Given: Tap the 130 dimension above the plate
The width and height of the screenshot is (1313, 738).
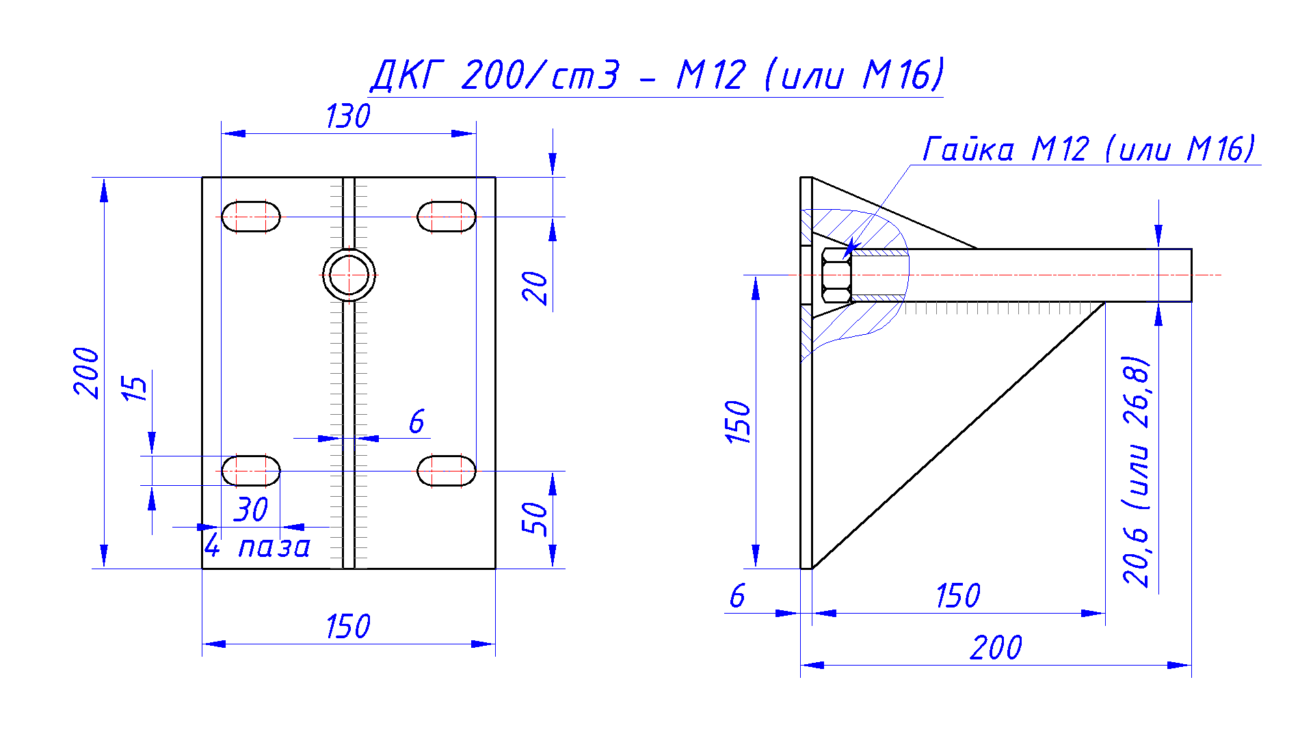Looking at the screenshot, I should (x=347, y=116).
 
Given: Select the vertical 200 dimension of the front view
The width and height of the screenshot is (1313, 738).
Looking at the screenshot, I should (x=87, y=372).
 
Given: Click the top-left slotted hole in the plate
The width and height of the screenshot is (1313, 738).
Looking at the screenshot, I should (x=251, y=217).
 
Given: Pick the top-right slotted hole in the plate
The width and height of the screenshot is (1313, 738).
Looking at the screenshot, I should (x=447, y=217).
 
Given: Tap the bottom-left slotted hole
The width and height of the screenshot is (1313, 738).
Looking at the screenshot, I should (x=251, y=471).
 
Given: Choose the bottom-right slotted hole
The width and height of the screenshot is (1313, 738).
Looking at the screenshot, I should (x=447, y=471).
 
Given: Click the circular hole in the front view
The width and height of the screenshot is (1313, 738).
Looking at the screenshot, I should (x=349, y=275).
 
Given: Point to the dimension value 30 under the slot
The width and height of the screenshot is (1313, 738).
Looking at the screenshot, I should (x=251, y=510).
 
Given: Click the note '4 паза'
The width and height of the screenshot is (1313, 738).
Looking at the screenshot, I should (x=258, y=547).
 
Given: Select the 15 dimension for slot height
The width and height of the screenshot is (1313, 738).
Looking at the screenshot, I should (x=135, y=388).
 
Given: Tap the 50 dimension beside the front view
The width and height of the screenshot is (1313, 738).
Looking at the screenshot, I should (x=535, y=519).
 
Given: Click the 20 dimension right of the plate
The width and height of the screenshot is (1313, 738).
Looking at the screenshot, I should (x=535, y=288).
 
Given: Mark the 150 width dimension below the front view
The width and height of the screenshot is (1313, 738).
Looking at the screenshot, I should (x=347, y=627).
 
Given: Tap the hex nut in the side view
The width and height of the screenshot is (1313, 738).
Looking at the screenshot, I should (x=836, y=275).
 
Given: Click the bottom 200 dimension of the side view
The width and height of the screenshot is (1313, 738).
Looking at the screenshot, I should (x=996, y=648).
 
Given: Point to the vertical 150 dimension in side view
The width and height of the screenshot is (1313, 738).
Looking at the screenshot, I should (x=739, y=422).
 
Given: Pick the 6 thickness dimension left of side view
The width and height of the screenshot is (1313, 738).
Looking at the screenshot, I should (x=737, y=596).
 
